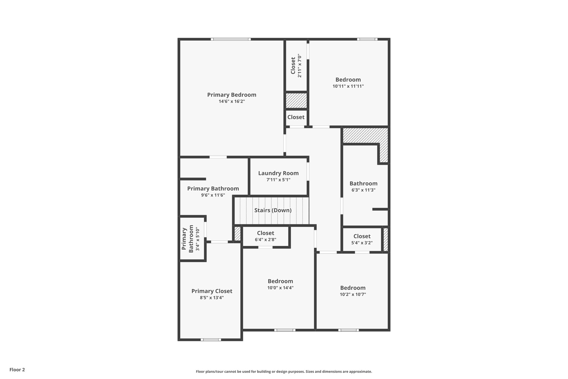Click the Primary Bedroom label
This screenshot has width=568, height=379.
(232, 95)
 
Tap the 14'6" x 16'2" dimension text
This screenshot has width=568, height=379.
(232, 101)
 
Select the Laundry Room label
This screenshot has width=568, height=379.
(278, 173)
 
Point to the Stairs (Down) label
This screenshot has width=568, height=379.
(273, 210)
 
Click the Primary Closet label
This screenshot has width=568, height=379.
(212, 291)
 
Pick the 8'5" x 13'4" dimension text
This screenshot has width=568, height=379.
(212, 298)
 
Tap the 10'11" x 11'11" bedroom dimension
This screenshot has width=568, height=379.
(348, 86)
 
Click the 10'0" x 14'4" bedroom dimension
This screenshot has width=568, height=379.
(280, 288)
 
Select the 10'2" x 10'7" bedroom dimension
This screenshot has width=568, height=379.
(353, 294)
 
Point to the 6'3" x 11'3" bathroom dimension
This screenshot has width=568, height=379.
(363, 190)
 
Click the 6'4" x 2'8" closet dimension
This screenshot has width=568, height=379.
(265, 240)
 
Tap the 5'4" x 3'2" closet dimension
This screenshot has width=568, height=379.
(362, 243)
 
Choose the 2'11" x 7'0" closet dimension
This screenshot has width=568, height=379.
(300, 66)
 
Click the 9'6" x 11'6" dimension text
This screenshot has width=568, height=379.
(213, 195)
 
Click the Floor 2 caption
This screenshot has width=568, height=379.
(17, 370)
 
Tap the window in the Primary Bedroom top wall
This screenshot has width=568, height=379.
(231, 39)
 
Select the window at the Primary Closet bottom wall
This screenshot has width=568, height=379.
(211, 340)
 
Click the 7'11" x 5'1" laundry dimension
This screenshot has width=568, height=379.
(278, 180)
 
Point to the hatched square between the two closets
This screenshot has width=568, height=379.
(296, 101)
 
